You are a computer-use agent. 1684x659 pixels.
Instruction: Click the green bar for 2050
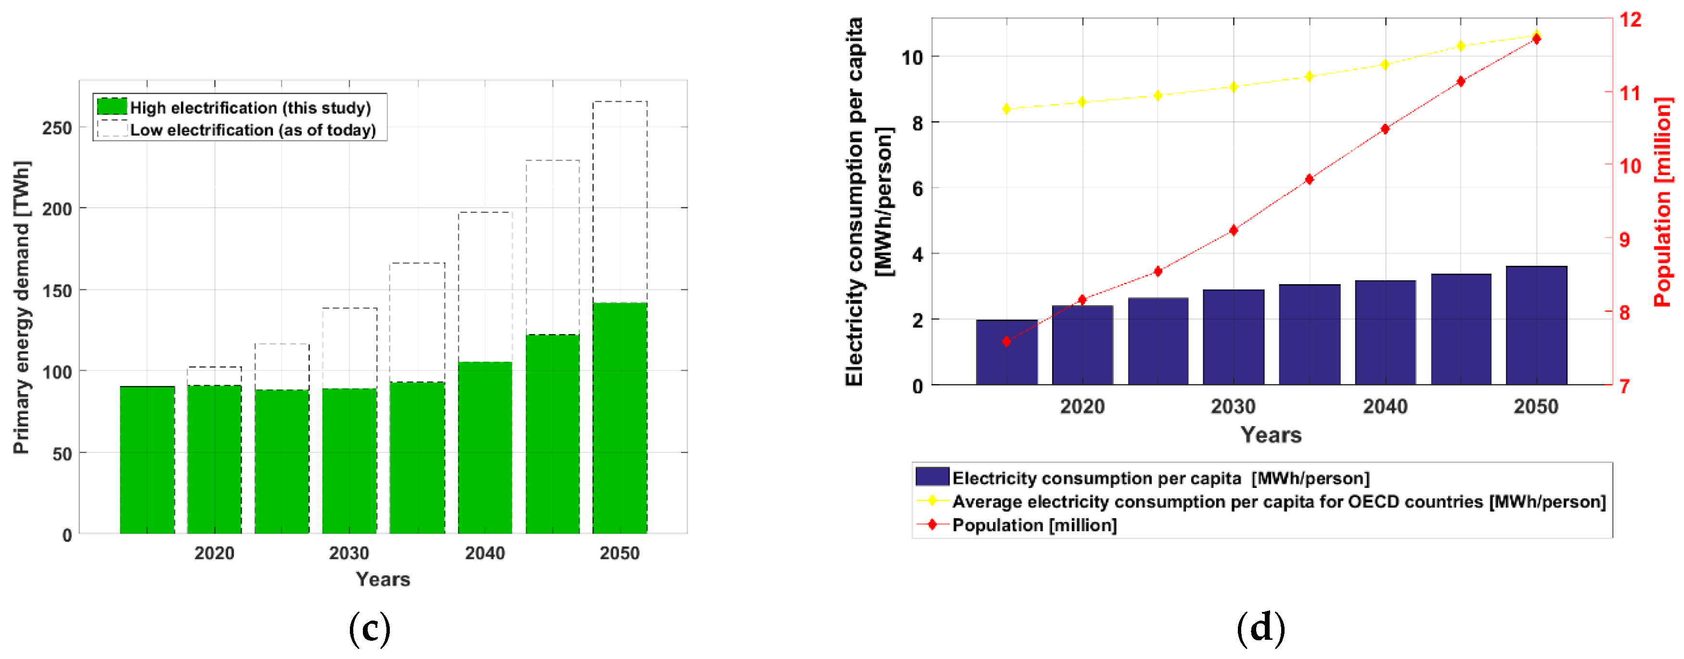(x=620, y=418)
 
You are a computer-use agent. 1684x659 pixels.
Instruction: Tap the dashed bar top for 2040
(x=485, y=213)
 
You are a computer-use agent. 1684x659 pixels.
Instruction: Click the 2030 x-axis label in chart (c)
(x=349, y=553)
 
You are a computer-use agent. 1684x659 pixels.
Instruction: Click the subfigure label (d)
(x=1260, y=628)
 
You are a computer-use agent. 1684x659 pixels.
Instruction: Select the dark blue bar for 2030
(x=1233, y=337)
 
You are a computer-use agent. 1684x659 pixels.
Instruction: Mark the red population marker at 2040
(x=1385, y=129)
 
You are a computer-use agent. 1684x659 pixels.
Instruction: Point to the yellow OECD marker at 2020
(x=1082, y=102)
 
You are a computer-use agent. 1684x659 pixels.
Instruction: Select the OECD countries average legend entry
(x=1278, y=502)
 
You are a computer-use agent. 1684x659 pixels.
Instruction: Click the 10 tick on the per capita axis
(x=912, y=58)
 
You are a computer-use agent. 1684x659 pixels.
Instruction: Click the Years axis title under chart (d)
(x=1271, y=435)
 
